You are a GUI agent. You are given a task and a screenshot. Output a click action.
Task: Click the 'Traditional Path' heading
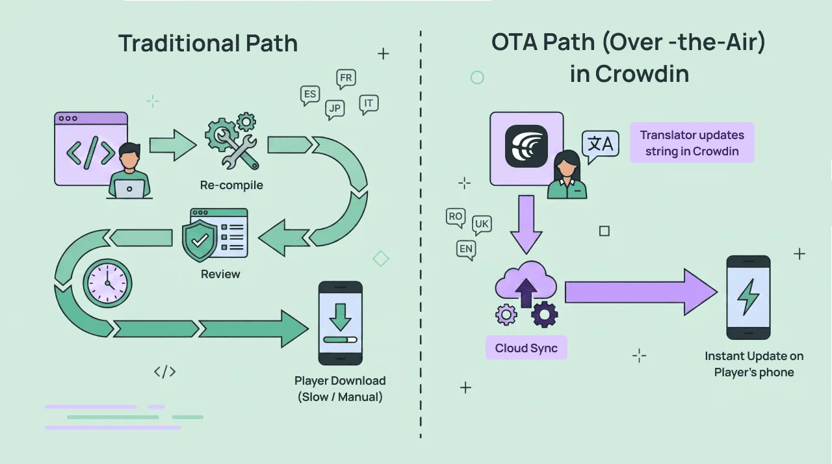coord(208,44)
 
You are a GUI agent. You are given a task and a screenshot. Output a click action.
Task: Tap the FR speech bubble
coord(346,79)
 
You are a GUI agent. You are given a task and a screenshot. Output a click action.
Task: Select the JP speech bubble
coord(335,109)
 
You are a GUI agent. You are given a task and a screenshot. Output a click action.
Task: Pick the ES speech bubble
coord(310,94)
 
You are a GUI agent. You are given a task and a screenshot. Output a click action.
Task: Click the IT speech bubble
coord(369,103)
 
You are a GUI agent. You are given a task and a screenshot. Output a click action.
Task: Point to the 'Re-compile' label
coord(231,185)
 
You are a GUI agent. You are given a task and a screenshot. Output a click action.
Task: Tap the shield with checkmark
coord(200,240)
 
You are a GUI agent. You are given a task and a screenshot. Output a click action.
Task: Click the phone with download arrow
coord(340,323)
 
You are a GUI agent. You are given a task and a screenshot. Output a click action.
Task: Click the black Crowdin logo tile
coord(526,146)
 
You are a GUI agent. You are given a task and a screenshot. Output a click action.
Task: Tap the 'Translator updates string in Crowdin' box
coord(692,143)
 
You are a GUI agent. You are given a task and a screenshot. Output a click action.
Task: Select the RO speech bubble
coord(455,216)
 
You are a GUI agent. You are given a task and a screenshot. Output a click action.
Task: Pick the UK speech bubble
coord(482,225)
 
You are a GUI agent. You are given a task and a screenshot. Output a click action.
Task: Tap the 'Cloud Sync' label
coord(526,348)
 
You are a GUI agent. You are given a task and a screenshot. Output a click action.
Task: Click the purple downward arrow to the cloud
coord(526,224)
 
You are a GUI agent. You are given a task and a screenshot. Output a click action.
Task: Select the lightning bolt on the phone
coord(748,297)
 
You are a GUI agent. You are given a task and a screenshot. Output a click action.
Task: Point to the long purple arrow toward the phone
coord(640,292)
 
